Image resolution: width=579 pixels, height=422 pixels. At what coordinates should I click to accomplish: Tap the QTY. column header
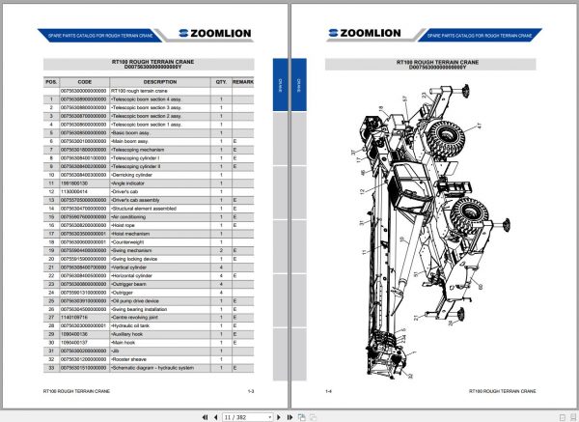(x=221, y=83)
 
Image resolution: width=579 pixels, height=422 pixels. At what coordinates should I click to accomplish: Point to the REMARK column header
(x=242, y=83)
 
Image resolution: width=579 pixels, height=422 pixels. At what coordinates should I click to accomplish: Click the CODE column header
(x=85, y=83)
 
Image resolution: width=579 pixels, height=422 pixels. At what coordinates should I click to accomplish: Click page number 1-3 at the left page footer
(x=250, y=391)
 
